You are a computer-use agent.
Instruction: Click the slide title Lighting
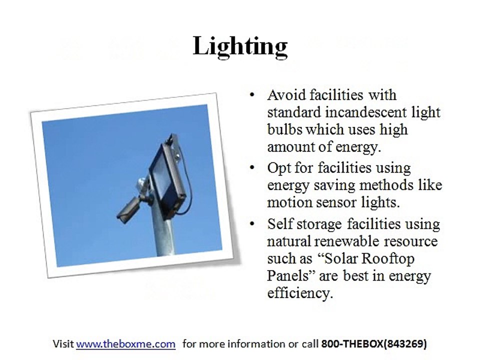tap(240, 46)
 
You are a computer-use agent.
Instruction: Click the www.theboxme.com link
tap(126, 344)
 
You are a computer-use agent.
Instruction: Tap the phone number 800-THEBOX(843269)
tap(374, 344)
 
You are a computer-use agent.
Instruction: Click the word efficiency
tap(299, 293)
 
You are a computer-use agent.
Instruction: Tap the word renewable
tap(347, 241)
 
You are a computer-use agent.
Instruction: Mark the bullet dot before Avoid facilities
tap(252, 95)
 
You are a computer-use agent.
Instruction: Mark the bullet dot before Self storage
tap(252, 224)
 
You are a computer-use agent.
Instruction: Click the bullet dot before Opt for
tap(252, 168)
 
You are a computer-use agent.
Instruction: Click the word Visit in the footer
tap(63, 344)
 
